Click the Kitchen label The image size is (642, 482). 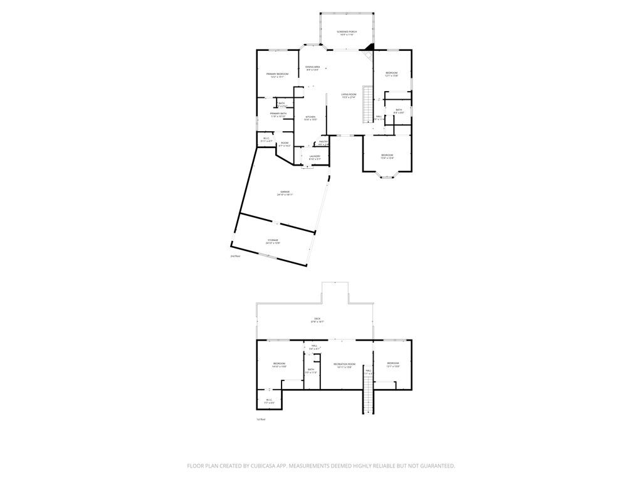tap(310, 118)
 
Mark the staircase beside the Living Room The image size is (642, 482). tap(368, 105)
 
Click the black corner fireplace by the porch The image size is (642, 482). tap(371, 46)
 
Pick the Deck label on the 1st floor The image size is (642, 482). tap(317, 320)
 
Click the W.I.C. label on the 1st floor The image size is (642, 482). tap(268, 401)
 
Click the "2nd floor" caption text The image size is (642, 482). tap(235, 256)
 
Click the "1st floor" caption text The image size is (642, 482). tap(261, 419)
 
